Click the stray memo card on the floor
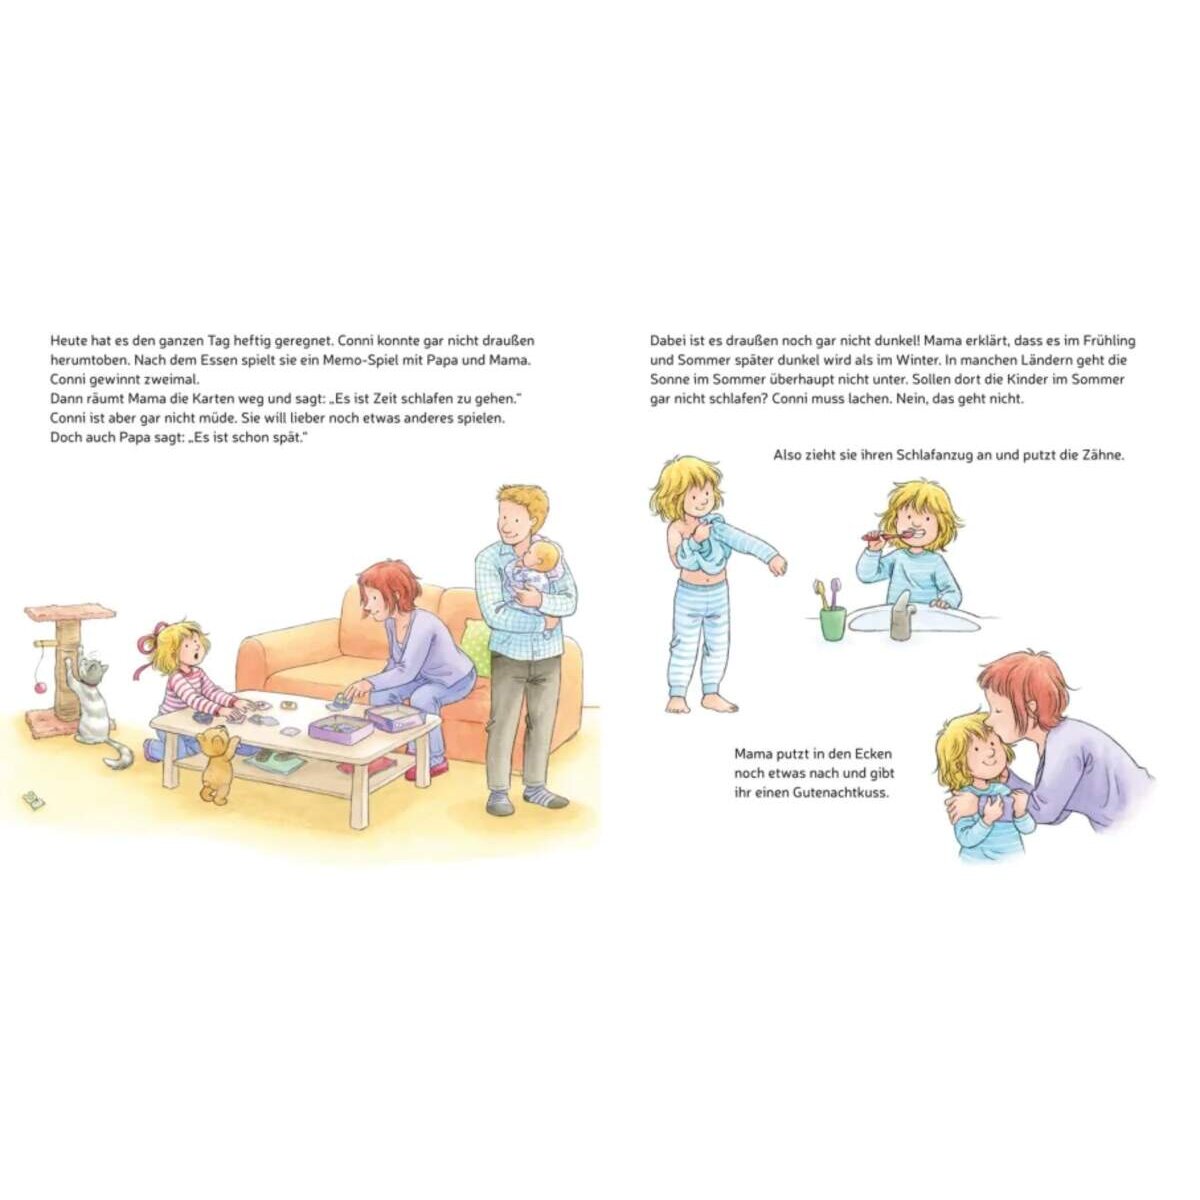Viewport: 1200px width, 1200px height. click(31, 798)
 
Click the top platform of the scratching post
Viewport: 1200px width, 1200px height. click(70, 612)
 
